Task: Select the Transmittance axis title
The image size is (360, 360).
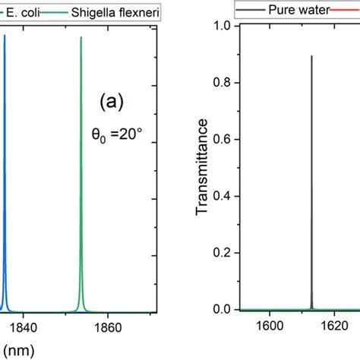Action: click(x=203, y=168)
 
